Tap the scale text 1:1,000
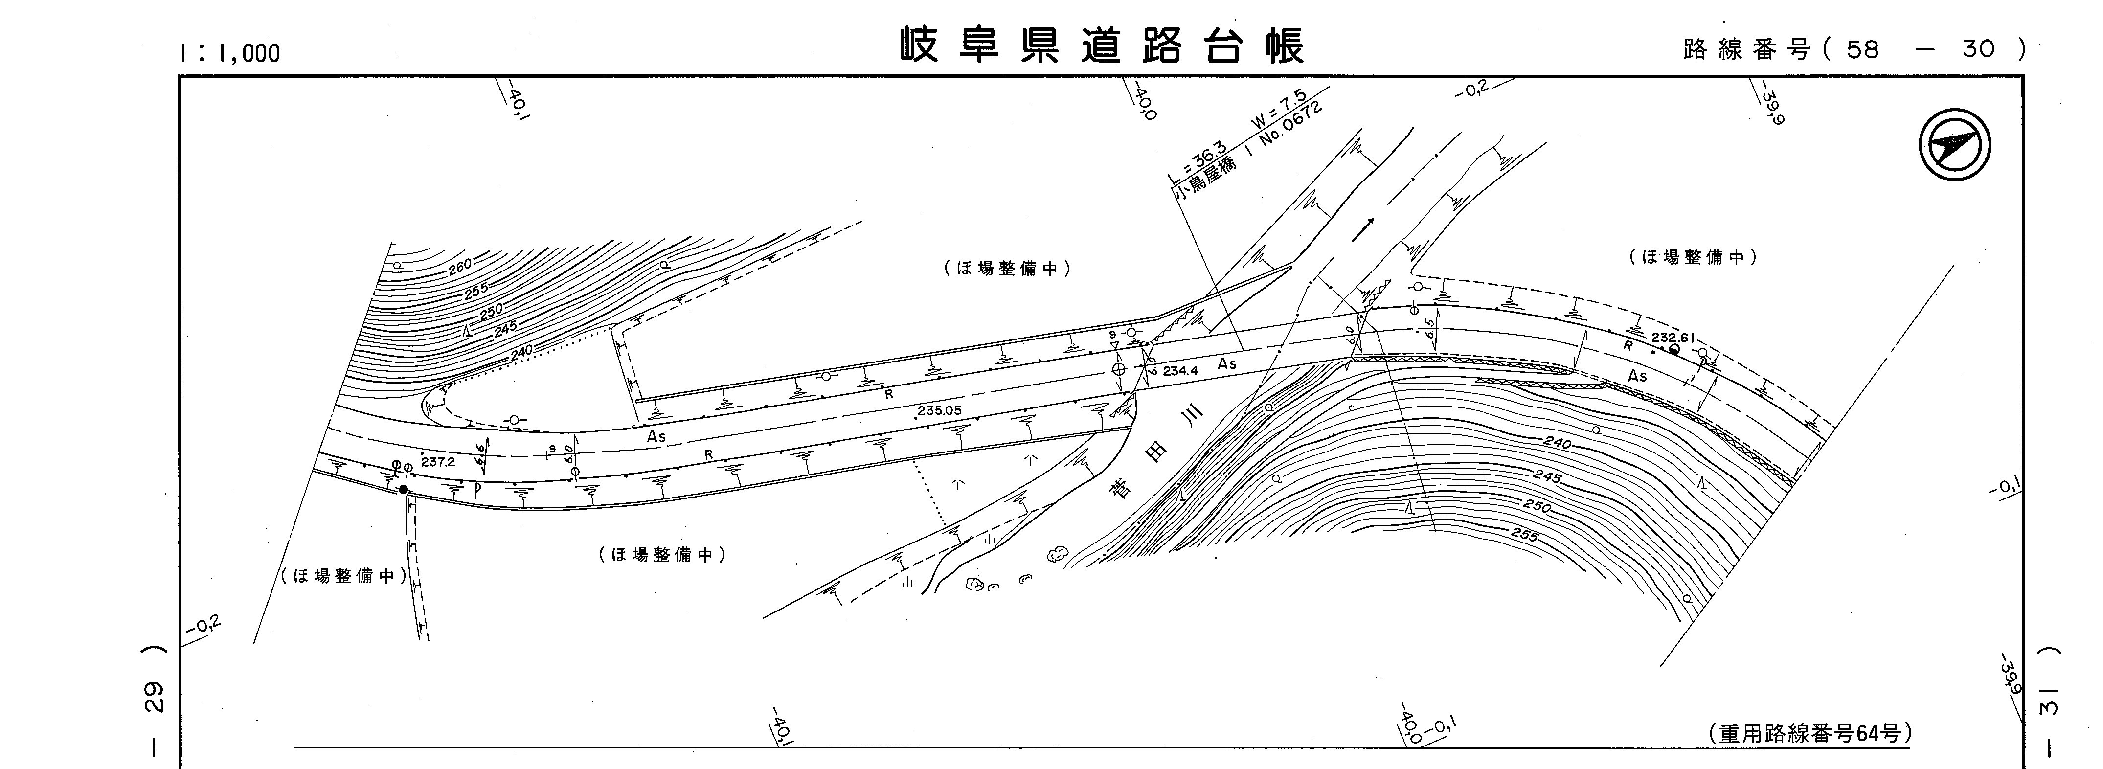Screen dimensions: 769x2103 tap(230, 53)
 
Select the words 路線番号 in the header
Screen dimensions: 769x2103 tap(1745, 50)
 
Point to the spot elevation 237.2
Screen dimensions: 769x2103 tap(438, 462)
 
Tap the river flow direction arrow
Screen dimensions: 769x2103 tap(1362, 230)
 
